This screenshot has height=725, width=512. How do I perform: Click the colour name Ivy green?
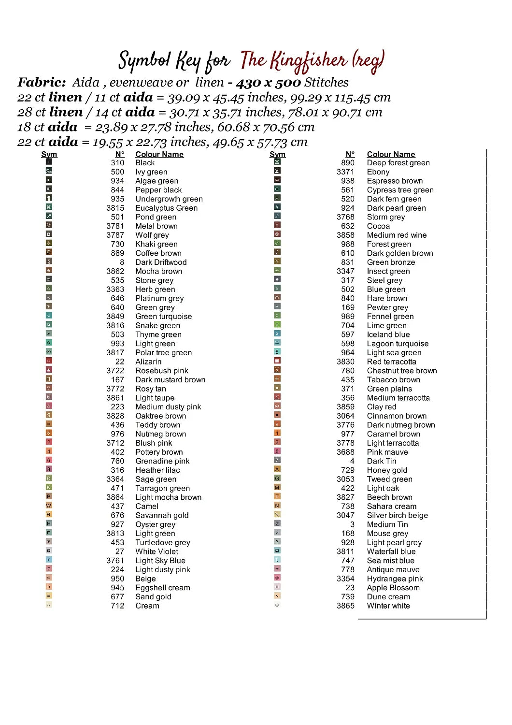coord(151,172)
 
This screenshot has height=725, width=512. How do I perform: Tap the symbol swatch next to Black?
coord(49,162)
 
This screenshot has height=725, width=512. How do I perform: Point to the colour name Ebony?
coord(378,172)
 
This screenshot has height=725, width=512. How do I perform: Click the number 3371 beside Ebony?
coord(345,172)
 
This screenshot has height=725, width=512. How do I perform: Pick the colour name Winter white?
coord(388,606)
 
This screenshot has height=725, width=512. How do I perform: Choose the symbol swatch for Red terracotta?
coord(277,361)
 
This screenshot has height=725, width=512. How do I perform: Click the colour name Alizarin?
coord(148,362)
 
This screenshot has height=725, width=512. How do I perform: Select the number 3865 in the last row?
coord(345,606)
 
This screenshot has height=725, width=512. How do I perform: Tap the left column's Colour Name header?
coord(159,155)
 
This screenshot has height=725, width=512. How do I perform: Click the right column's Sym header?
coord(277,155)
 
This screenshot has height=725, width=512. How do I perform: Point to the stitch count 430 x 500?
coord(268,83)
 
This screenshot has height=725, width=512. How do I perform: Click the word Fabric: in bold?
coord(42,83)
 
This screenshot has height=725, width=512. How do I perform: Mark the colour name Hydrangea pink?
coord(395,579)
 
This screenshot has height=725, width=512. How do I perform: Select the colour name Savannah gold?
coord(162,516)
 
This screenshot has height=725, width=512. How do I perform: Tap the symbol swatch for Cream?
coord(49,605)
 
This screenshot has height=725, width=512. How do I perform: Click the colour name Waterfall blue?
coord(391,552)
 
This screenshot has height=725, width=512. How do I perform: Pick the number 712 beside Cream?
coord(117,606)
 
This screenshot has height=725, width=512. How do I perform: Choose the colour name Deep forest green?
coord(398,163)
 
